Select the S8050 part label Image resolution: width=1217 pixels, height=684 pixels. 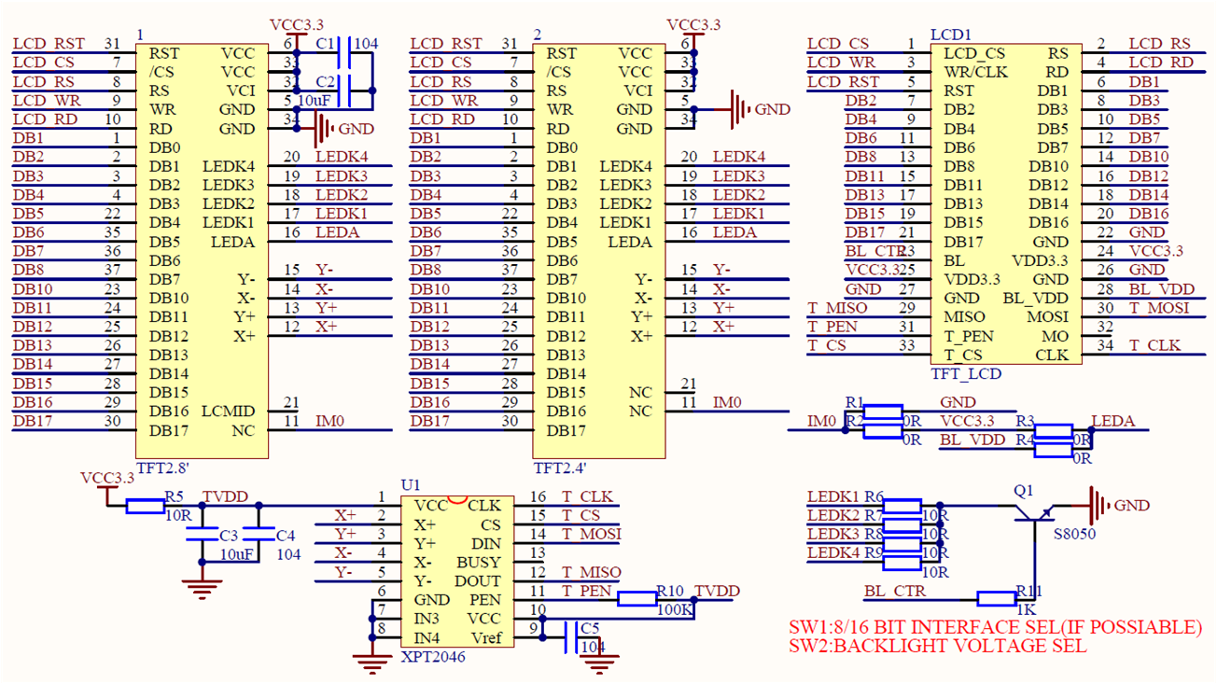click(1074, 535)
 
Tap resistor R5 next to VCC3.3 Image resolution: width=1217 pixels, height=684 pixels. click(145, 506)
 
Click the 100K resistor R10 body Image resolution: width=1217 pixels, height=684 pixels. click(637, 599)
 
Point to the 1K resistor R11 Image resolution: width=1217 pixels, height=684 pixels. click(996, 599)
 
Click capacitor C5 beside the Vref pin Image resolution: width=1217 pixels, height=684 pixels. click(569, 637)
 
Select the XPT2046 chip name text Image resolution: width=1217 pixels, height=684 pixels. click(433, 657)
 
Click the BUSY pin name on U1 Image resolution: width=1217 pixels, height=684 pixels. click(478, 563)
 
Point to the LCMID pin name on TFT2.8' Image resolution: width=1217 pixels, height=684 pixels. click(228, 412)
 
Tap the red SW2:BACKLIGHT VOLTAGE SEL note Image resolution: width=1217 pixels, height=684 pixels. click(937, 646)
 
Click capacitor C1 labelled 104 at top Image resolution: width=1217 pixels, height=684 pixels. click(344, 53)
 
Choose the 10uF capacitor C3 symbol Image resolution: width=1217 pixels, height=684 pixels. click(201, 535)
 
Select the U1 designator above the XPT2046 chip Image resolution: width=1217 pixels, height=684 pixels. click(411, 485)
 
